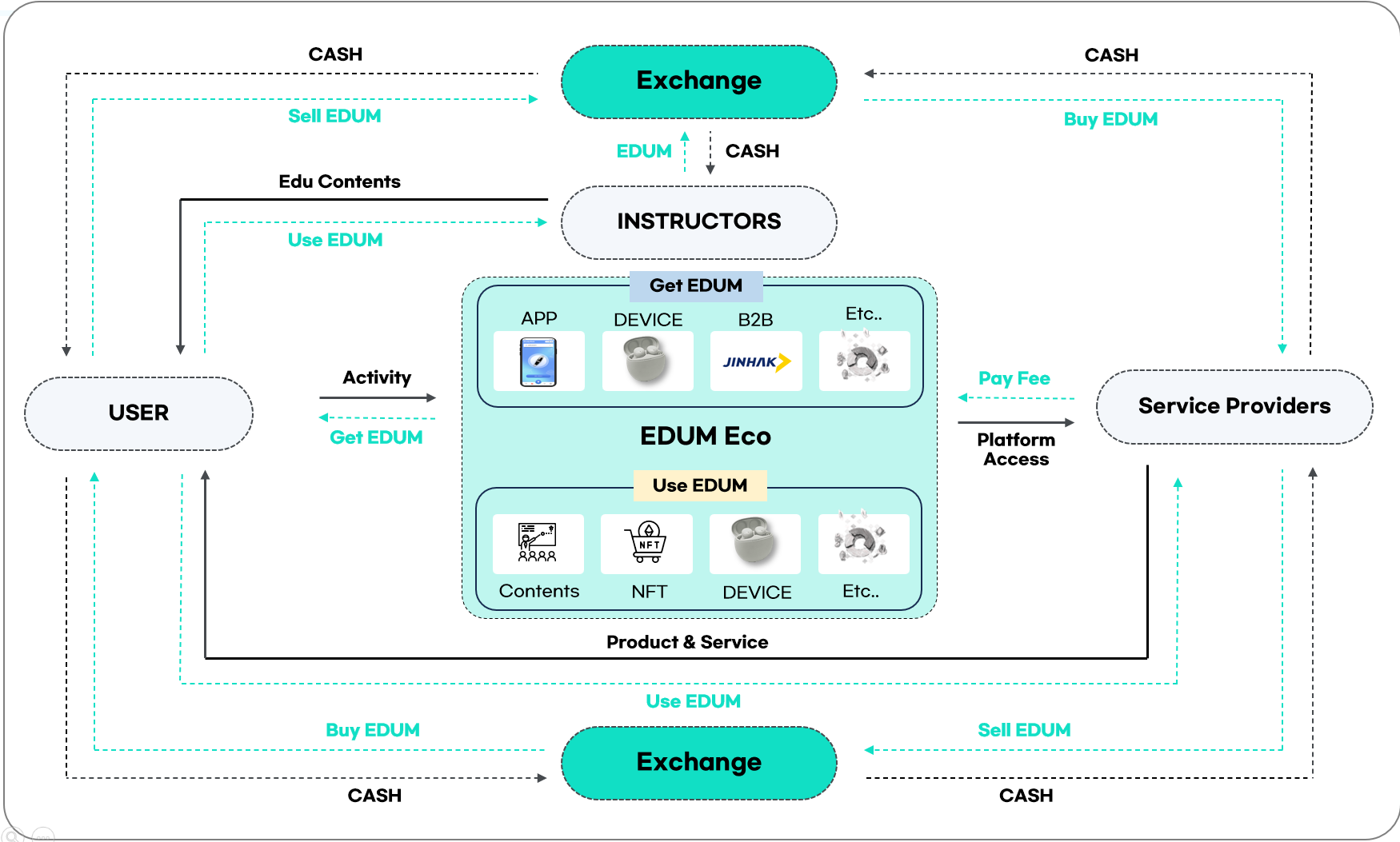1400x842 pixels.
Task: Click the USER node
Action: click(x=138, y=413)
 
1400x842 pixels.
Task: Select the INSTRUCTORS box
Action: click(x=698, y=221)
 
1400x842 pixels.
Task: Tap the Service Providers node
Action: click(x=1234, y=406)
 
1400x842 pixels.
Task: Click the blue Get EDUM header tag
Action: click(x=696, y=285)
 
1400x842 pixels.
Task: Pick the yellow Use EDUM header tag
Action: click(x=700, y=485)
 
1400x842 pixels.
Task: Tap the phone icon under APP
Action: click(x=538, y=361)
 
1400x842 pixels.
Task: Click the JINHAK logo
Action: click(x=756, y=361)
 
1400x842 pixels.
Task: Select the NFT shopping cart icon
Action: click(x=646, y=543)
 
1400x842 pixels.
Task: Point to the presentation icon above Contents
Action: click(x=538, y=543)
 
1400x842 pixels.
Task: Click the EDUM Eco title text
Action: click(x=705, y=436)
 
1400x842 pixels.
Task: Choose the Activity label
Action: click(x=377, y=377)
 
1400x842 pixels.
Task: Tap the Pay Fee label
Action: click(x=1014, y=378)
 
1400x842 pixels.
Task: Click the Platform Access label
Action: click(x=1016, y=449)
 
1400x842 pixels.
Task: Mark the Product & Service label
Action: click(x=686, y=642)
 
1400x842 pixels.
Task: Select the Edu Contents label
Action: click(x=339, y=182)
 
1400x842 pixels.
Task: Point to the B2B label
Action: click(x=755, y=320)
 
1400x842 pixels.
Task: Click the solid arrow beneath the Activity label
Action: click(x=378, y=397)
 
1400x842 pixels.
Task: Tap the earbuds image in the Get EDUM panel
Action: click(x=647, y=361)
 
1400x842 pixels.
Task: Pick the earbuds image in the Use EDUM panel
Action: click(x=754, y=543)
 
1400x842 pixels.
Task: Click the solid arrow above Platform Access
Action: click(x=1015, y=422)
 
